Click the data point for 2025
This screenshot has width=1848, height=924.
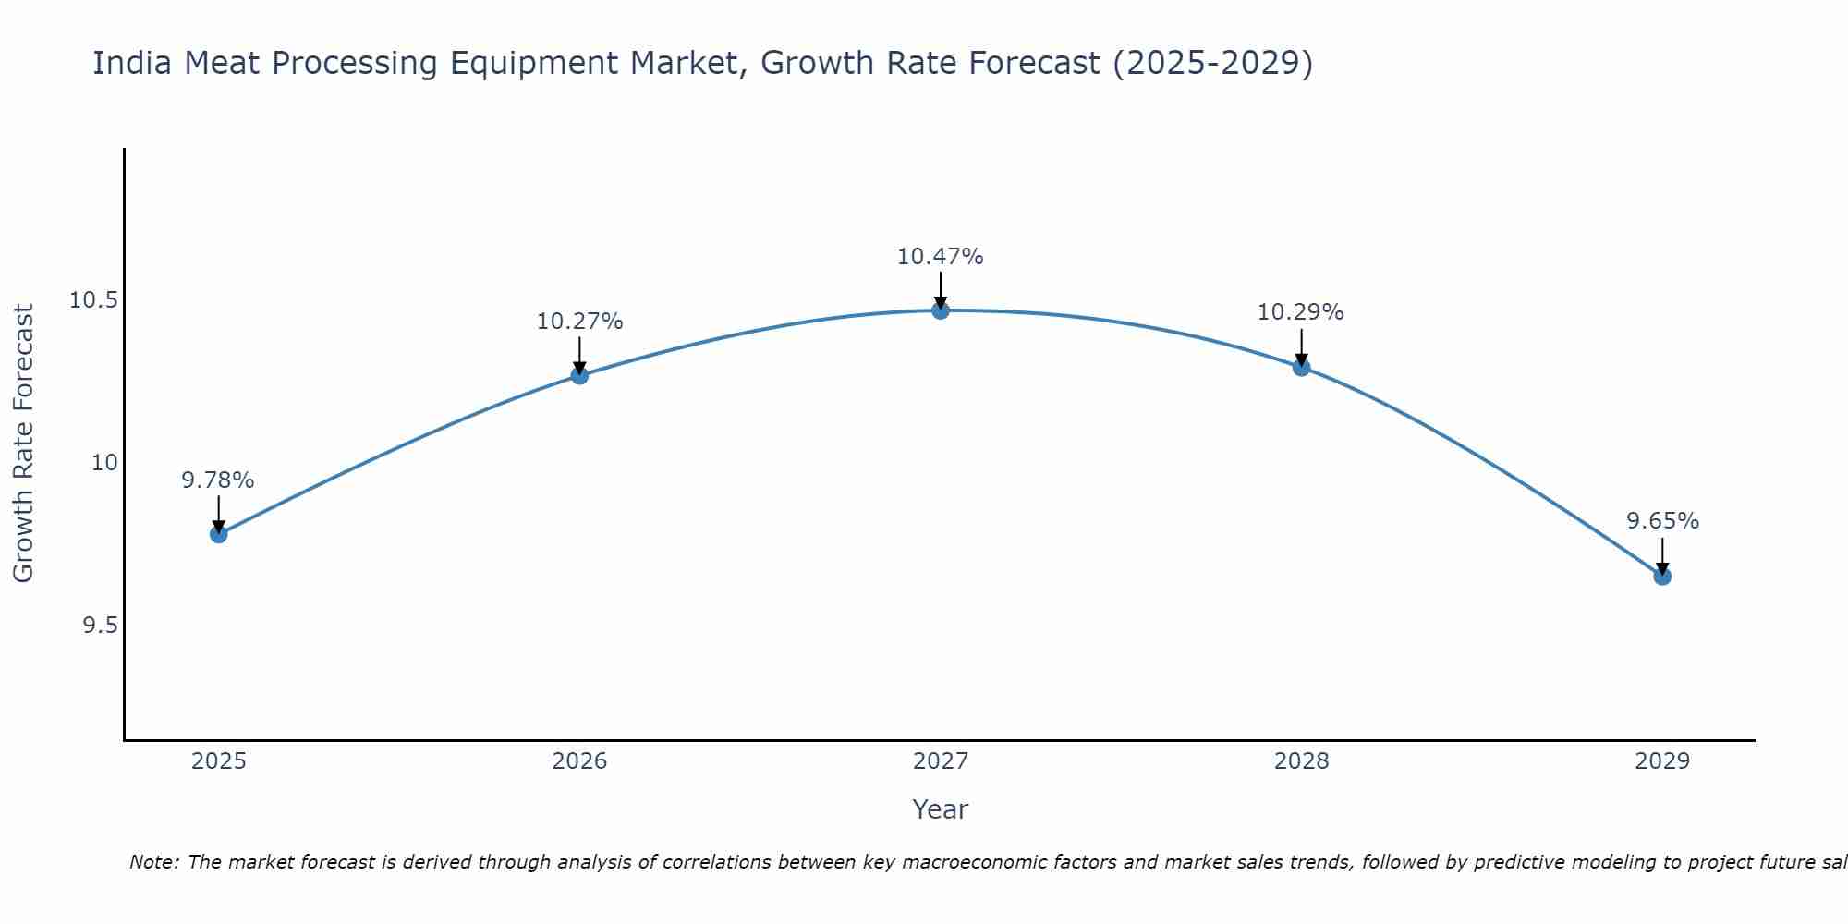[219, 534]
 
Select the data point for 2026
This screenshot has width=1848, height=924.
[579, 375]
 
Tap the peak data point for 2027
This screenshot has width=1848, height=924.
[941, 310]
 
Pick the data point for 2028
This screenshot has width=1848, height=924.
[1301, 368]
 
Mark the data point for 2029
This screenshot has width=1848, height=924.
[1662, 577]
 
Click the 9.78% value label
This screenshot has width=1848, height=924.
[218, 480]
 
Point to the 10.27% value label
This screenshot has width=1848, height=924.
[579, 322]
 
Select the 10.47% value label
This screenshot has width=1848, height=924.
[940, 257]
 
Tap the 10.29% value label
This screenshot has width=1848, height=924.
[1300, 312]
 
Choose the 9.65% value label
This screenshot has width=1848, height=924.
[1662, 521]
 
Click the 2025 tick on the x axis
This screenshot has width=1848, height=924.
[219, 761]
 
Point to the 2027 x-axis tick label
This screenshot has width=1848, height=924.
[941, 761]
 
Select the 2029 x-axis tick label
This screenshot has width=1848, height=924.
[1662, 761]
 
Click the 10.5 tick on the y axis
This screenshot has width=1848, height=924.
[94, 300]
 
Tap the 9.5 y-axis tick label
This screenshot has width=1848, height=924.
[101, 626]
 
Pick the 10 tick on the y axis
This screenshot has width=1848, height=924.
[105, 463]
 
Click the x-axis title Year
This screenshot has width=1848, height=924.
[940, 809]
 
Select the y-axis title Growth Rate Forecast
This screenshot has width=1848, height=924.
[24, 444]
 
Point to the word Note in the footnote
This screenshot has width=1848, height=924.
[153, 862]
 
